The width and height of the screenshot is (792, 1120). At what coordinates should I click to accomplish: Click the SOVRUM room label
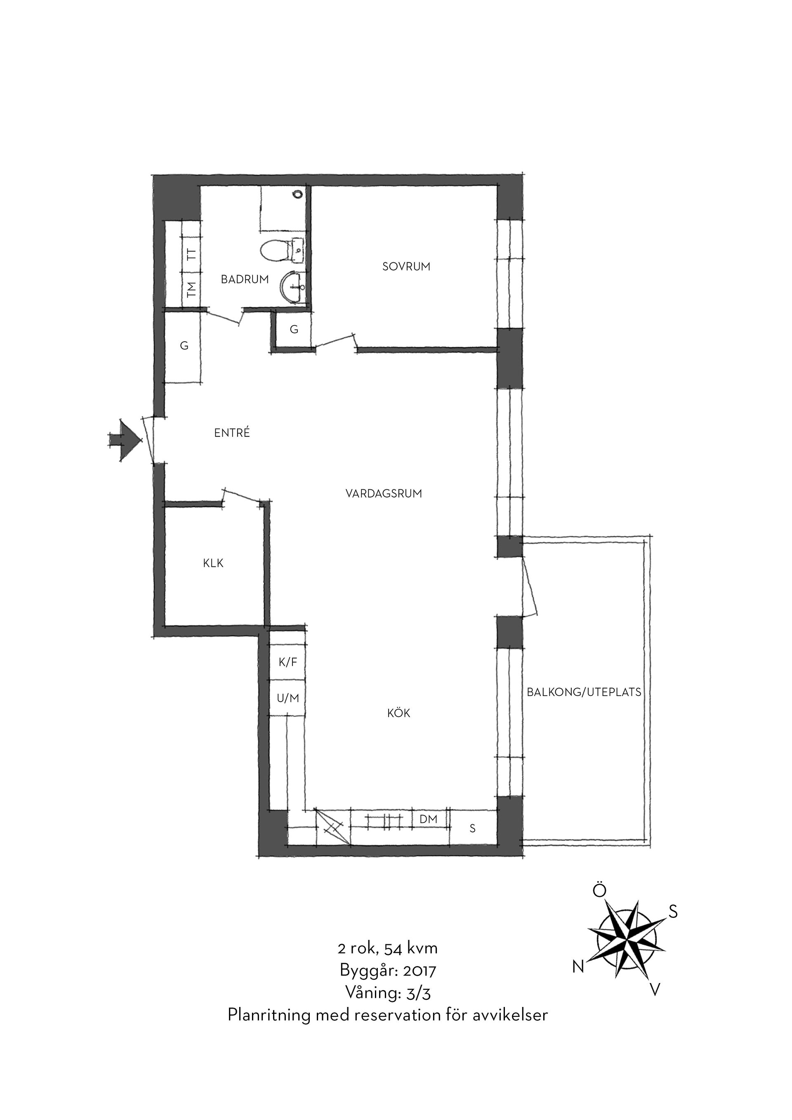click(x=406, y=267)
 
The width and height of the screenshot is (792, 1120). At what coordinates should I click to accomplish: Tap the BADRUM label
click(x=245, y=280)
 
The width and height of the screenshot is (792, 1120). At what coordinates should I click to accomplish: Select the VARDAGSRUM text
click(x=384, y=494)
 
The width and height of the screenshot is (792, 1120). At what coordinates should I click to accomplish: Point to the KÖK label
click(x=399, y=713)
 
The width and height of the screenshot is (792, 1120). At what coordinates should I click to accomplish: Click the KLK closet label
click(x=213, y=564)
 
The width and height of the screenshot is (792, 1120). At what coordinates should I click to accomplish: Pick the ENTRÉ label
click(x=232, y=432)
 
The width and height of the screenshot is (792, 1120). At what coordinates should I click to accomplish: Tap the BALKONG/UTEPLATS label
click(x=584, y=692)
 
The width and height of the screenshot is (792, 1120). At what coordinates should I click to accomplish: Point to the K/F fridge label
click(x=288, y=662)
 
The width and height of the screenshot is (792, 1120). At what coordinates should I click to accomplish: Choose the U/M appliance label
click(x=288, y=698)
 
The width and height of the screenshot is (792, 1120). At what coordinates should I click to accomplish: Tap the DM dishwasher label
click(x=429, y=819)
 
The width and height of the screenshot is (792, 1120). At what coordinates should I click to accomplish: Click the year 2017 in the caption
click(x=420, y=970)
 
